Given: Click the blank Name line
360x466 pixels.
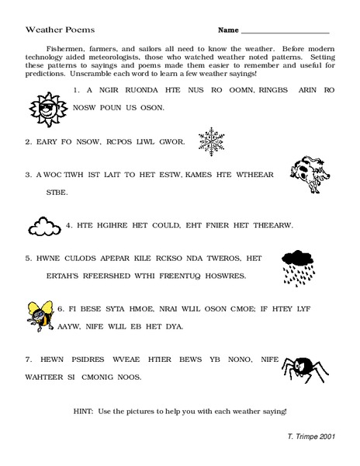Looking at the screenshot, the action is (x=285, y=31).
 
